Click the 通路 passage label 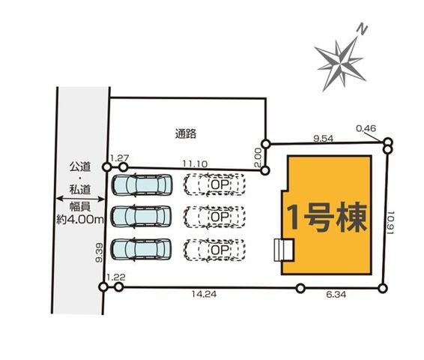point(186,133)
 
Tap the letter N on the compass point(362,29)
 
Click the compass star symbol point(341,64)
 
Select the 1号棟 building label point(327,217)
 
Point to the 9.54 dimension point(323,139)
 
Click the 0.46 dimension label point(366,128)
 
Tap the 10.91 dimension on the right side point(391,223)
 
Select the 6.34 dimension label point(336,295)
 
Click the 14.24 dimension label point(205,294)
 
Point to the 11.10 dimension point(195,163)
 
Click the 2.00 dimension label point(258,157)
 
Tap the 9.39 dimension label point(99,253)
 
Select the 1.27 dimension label point(120,158)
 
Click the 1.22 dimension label point(116,277)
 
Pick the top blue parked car point(142,184)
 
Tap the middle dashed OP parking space point(215,217)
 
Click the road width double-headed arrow point(80,199)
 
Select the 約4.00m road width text point(80,219)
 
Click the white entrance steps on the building point(284,250)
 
